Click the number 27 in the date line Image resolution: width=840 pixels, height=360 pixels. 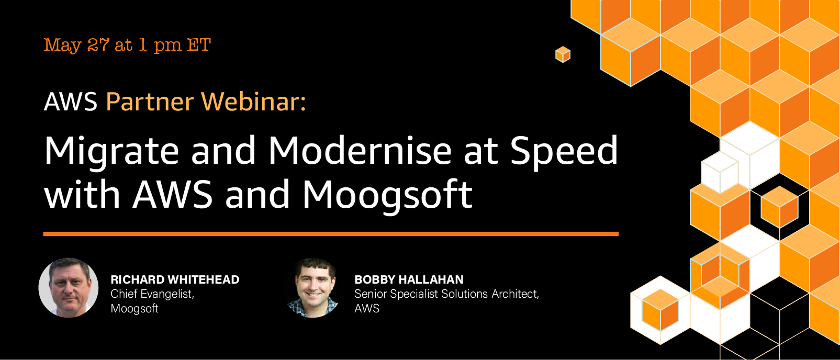(x=98, y=45)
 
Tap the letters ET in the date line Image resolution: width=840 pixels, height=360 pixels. (x=199, y=45)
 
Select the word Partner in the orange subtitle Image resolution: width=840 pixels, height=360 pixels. (x=150, y=102)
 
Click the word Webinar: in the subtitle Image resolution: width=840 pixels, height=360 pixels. (x=254, y=102)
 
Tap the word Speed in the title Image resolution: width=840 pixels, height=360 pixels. (x=564, y=152)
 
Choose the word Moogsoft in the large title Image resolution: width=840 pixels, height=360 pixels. (x=388, y=194)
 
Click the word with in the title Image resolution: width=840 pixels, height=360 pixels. (x=82, y=194)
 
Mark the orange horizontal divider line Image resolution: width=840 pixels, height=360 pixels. (x=331, y=234)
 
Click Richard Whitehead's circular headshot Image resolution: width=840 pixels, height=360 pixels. (x=68, y=288)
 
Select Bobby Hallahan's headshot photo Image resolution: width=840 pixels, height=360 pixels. (x=313, y=288)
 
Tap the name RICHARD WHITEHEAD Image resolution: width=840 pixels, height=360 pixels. (x=175, y=280)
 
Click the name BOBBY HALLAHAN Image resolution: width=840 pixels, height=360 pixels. (x=409, y=280)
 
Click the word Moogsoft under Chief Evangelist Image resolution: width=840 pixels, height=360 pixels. (x=135, y=309)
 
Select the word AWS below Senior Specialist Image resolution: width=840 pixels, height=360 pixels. (x=367, y=309)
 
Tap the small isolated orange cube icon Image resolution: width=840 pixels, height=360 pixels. (x=563, y=54)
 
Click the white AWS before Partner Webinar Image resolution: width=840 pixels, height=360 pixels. (x=71, y=102)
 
